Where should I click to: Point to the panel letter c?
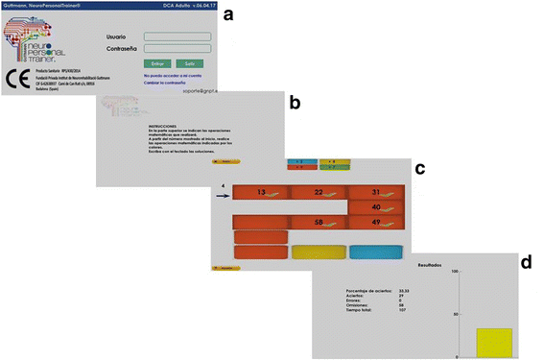pyautogui.click(x=419, y=169)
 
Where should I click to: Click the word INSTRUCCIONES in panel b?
pyautogui.click(x=164, y=126)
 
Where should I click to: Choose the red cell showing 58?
pyautogui.click(x=319, y=223)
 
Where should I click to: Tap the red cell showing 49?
pyautogui.click(x=376, y=223)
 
